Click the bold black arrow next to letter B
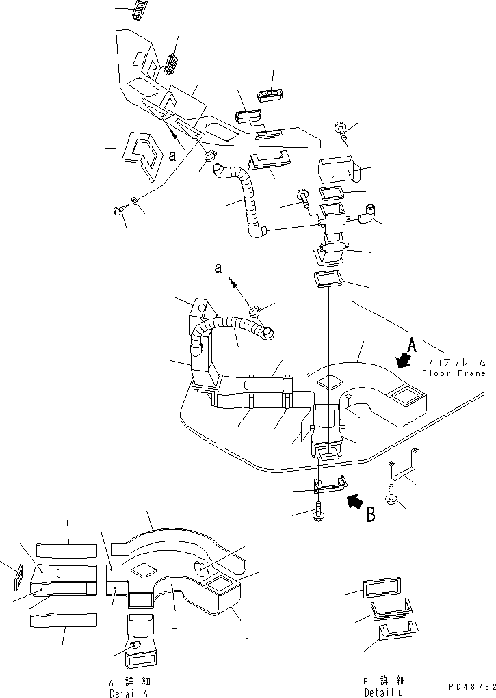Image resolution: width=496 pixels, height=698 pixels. tap(354, 502)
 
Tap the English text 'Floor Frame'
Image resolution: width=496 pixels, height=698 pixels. tap(454, 373)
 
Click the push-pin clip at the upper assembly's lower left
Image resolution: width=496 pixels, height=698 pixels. tap(119, 211)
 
